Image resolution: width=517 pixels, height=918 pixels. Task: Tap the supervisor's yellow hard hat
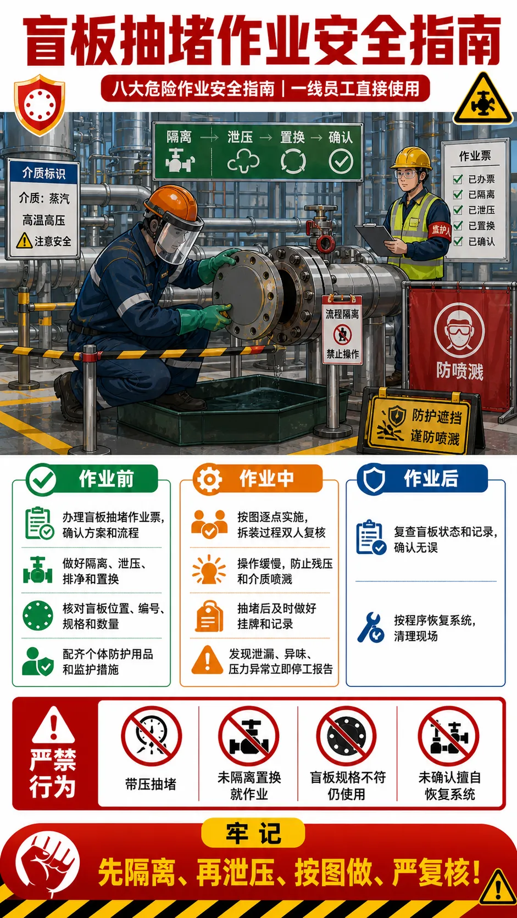pyautogui.click(x=411, y=158)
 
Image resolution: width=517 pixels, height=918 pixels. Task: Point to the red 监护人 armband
pyautogui.click(x=440, y=230)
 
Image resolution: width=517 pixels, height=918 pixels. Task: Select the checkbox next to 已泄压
pyautogui.click(x=458, y=210)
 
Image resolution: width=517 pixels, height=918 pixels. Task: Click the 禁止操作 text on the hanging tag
pyautogui.click(x=342, y=354)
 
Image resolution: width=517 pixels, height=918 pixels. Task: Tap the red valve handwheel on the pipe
pyautogui.click(x=325, y=243)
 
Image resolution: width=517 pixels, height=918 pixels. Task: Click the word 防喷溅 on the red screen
pyautogui.click(x=460, y=371)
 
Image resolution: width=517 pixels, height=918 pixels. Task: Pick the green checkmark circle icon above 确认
pyautogui.click(x=341, y=161)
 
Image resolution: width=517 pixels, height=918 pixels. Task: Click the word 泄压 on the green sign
pyautogui.click(x=240, y=137)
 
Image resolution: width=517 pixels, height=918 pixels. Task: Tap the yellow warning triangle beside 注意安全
pyautogui.click(x=24, y=240)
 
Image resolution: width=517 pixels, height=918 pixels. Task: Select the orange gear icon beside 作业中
pyautogui.click(x=209, y=479)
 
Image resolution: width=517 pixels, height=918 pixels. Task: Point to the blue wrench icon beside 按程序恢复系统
pyautogui.click(x=371, y=628)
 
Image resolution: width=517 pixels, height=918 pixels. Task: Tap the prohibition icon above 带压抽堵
pyautogui.click(x=151, y=736)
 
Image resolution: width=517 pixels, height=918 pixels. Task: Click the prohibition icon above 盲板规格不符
pyautogui.click(x=347, y=736)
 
